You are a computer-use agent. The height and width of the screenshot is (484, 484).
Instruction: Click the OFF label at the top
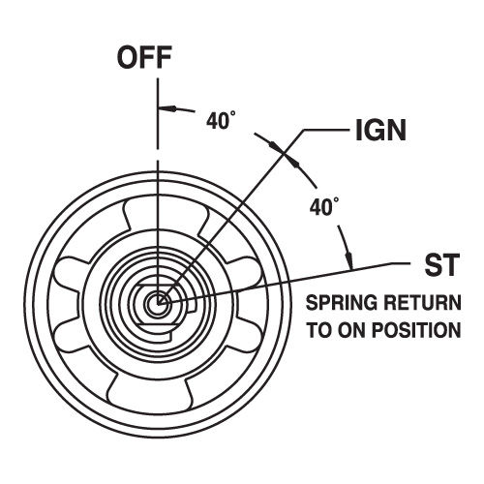144,57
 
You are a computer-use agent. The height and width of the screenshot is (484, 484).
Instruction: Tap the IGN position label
380,130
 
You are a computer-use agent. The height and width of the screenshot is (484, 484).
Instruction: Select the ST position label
441,264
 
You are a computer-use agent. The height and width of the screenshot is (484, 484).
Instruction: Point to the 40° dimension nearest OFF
221,120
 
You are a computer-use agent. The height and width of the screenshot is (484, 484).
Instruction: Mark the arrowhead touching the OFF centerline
167,108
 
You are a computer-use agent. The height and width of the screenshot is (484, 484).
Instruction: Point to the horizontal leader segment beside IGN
326,130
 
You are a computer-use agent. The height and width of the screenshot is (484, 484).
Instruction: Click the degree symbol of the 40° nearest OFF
233,113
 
